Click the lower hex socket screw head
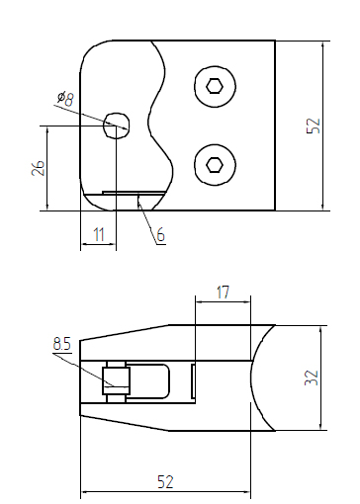click(215, 164)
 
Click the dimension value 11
click(97, 234)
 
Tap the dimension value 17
click(222, 293)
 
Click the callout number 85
click(61, 345)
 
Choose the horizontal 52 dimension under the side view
click(165, 481)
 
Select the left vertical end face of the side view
click(80, 378)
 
